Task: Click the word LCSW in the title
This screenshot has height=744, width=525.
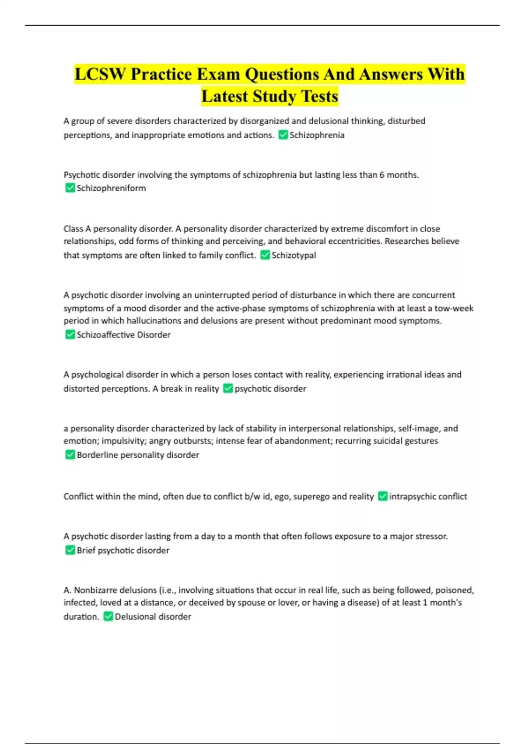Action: click(100, 74)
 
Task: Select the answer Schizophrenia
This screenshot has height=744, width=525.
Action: click(317, 135)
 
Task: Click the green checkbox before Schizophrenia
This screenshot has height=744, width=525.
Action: click(283, 135)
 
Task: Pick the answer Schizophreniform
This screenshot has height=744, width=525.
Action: click(111, 188)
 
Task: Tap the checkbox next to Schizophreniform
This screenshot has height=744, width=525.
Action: click(70, 188)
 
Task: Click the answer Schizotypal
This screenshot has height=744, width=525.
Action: click(294, 255)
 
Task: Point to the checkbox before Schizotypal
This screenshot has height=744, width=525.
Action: click(265, 255)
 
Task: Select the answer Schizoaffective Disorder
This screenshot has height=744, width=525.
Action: click(123, 335)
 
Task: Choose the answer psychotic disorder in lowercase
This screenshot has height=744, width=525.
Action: click(270, 389)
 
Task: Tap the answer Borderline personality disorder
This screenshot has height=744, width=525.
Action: click(138, 455)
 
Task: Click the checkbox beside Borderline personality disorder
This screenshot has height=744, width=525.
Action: click(70, 455)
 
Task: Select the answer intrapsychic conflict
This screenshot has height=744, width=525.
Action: click(428, 497)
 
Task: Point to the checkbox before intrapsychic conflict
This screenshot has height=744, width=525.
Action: click(383, 496)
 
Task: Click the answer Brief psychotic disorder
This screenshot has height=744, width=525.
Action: click(123, 551)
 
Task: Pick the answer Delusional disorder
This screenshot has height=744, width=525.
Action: click(153, 617)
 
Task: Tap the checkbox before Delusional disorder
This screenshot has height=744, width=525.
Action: click(108, 616)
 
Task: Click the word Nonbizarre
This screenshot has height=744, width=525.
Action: click(94, 590)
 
